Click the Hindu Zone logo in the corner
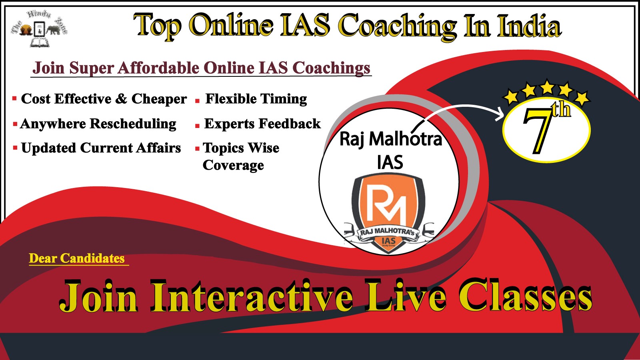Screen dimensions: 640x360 click(39, 28)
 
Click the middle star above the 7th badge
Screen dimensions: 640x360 click(547, 87)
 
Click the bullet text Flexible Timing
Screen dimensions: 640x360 click(256, 99)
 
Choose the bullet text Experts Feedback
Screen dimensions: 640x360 click(262, 124)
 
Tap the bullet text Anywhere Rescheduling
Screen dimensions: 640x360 click(98, 124)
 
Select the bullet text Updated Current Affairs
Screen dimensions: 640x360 click(101, 148)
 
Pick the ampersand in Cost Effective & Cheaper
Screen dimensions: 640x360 click(121, 99)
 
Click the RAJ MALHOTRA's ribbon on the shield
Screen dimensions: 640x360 click(388, 232)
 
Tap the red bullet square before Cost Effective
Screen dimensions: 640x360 click(14, 98)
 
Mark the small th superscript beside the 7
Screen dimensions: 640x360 click(561, 110)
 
